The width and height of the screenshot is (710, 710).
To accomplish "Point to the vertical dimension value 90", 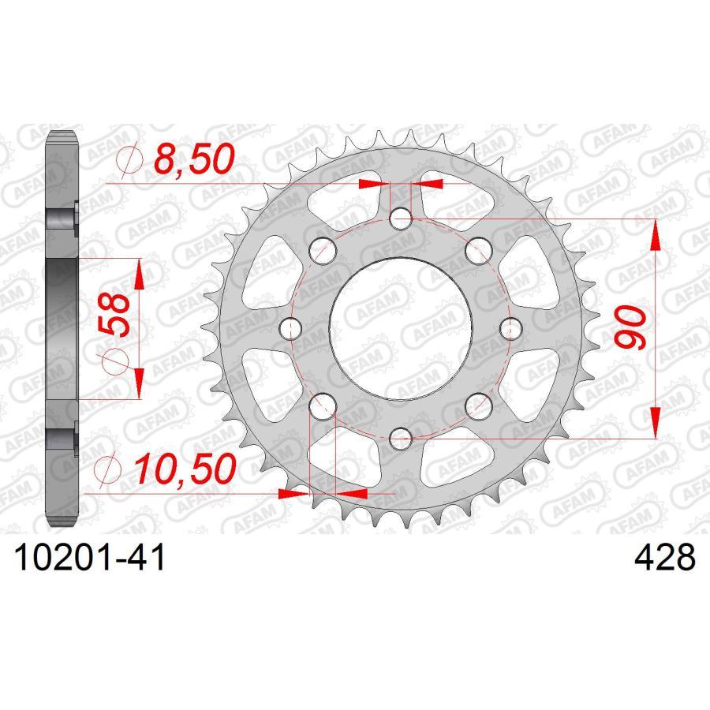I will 631,328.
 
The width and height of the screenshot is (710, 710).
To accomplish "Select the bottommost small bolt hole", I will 401,435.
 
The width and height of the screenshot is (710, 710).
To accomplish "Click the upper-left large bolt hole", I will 323,252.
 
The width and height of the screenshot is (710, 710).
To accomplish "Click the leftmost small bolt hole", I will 291,327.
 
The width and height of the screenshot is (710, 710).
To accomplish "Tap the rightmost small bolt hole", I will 510,327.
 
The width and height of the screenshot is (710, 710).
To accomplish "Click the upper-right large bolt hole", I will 477,252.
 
